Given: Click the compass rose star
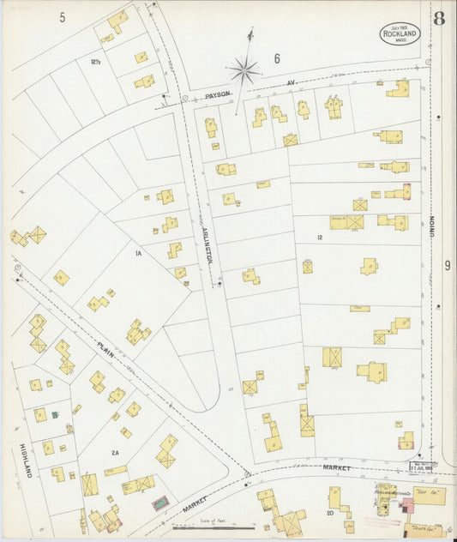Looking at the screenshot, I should point(245,69).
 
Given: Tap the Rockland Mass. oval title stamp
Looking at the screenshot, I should point(400,33).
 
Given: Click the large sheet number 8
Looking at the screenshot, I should point(438,19).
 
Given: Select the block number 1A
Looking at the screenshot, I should point(136,254).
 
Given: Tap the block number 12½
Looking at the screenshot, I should point(95,61).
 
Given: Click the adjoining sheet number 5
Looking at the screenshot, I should point(63,17).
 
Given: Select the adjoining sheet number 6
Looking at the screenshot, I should point(277,58).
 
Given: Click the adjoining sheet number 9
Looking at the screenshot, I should point(447,266).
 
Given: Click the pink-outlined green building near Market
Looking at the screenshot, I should point(160,503).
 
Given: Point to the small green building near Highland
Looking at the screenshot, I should point(55,415).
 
